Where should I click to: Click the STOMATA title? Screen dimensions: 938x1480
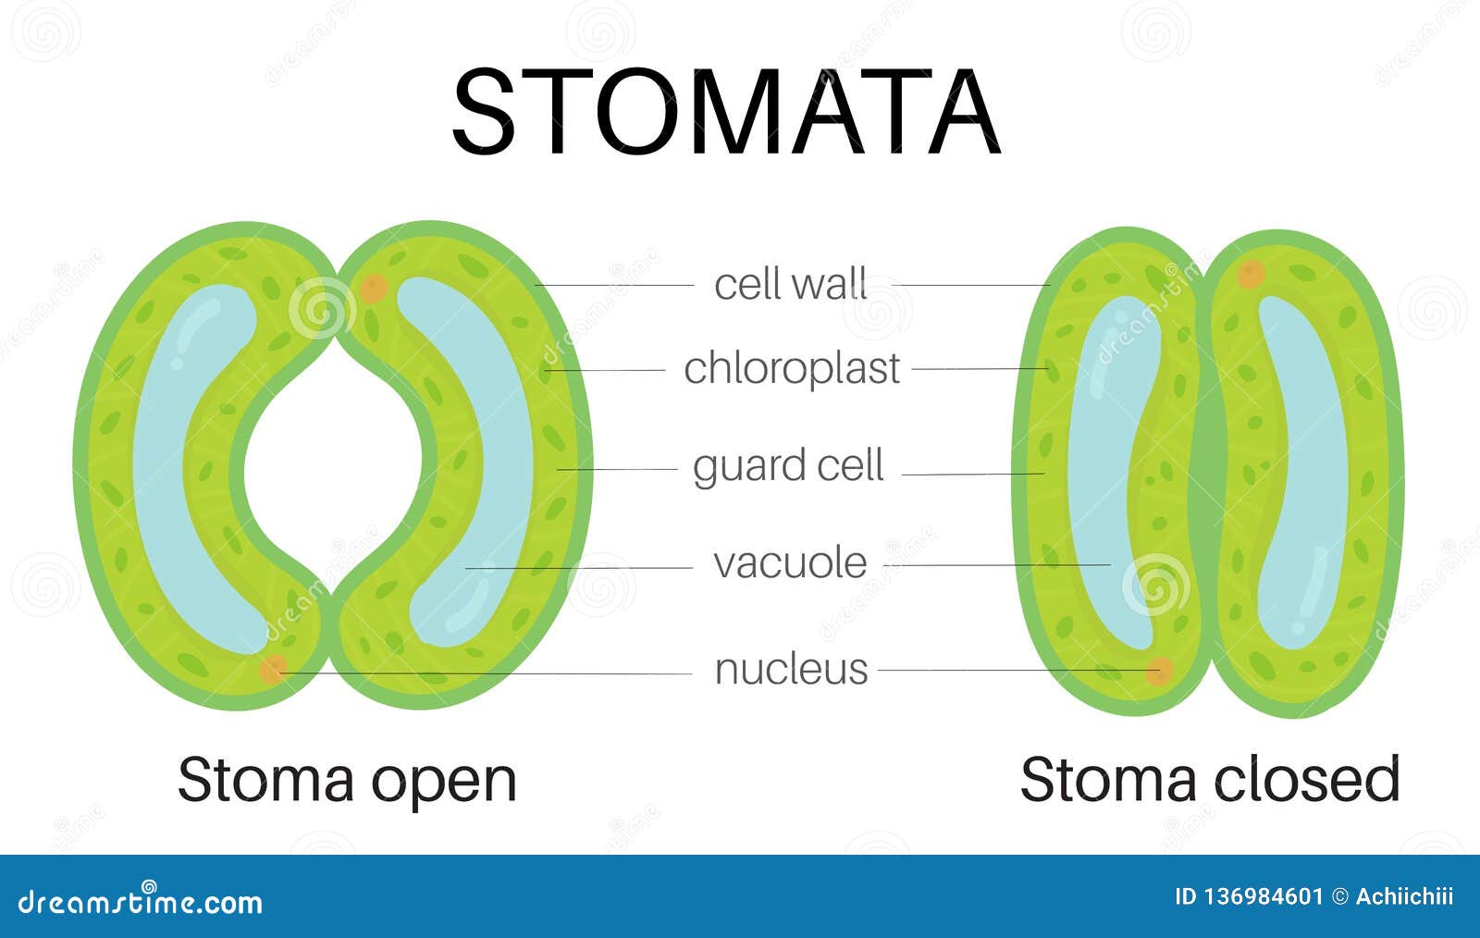[x=726, y=112]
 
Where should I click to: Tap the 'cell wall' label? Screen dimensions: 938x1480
[x=790, y=284]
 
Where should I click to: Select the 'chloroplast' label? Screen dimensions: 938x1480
[x=791, y=368]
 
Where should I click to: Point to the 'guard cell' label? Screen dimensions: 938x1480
[x=788, y=465]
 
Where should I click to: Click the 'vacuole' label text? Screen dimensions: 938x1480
[x=790, y=562]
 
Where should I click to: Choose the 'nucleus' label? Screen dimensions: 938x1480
[x=791, y=669]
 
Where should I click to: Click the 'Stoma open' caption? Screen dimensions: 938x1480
[x=346, y=780]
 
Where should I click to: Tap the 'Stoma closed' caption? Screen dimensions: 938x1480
[x=1209, y=780]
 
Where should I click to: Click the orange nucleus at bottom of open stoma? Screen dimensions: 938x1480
[x=272, y=670]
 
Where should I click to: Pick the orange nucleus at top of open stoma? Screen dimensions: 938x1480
[x=373, y=289]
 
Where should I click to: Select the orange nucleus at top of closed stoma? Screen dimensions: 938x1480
[x=1251, y=274]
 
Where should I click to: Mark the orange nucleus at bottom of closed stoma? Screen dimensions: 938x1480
[x=1159, y=671]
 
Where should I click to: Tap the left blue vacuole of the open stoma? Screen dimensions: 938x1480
[x=185, y=463]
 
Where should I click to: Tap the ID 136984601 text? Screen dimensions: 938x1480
[x=1248, y=896]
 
